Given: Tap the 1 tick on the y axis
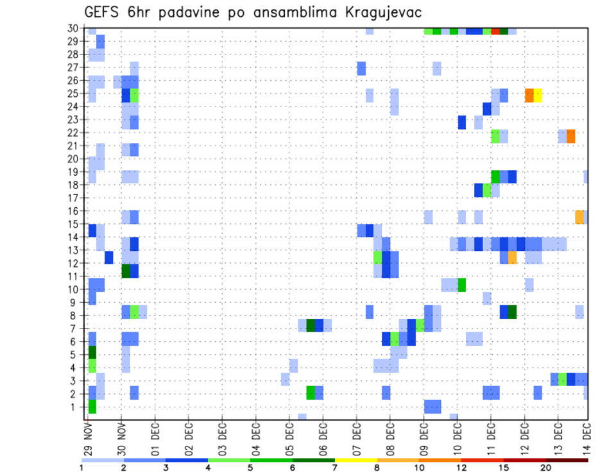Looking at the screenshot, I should click(76, 406).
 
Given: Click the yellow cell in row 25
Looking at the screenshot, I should click(538, 95).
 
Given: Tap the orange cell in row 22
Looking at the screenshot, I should click(571, 136).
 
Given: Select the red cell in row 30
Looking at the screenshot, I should click(495, 31).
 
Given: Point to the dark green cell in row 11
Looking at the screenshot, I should click(126, 271).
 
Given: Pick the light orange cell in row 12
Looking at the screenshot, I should click(512, 257).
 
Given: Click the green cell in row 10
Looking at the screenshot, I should click(461, 284).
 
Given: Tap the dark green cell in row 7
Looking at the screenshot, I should click(311, 325).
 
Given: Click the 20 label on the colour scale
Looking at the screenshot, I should click(545, 468).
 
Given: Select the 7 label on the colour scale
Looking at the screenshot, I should click(335, 468).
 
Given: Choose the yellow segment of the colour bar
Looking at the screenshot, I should click(355, 460).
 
